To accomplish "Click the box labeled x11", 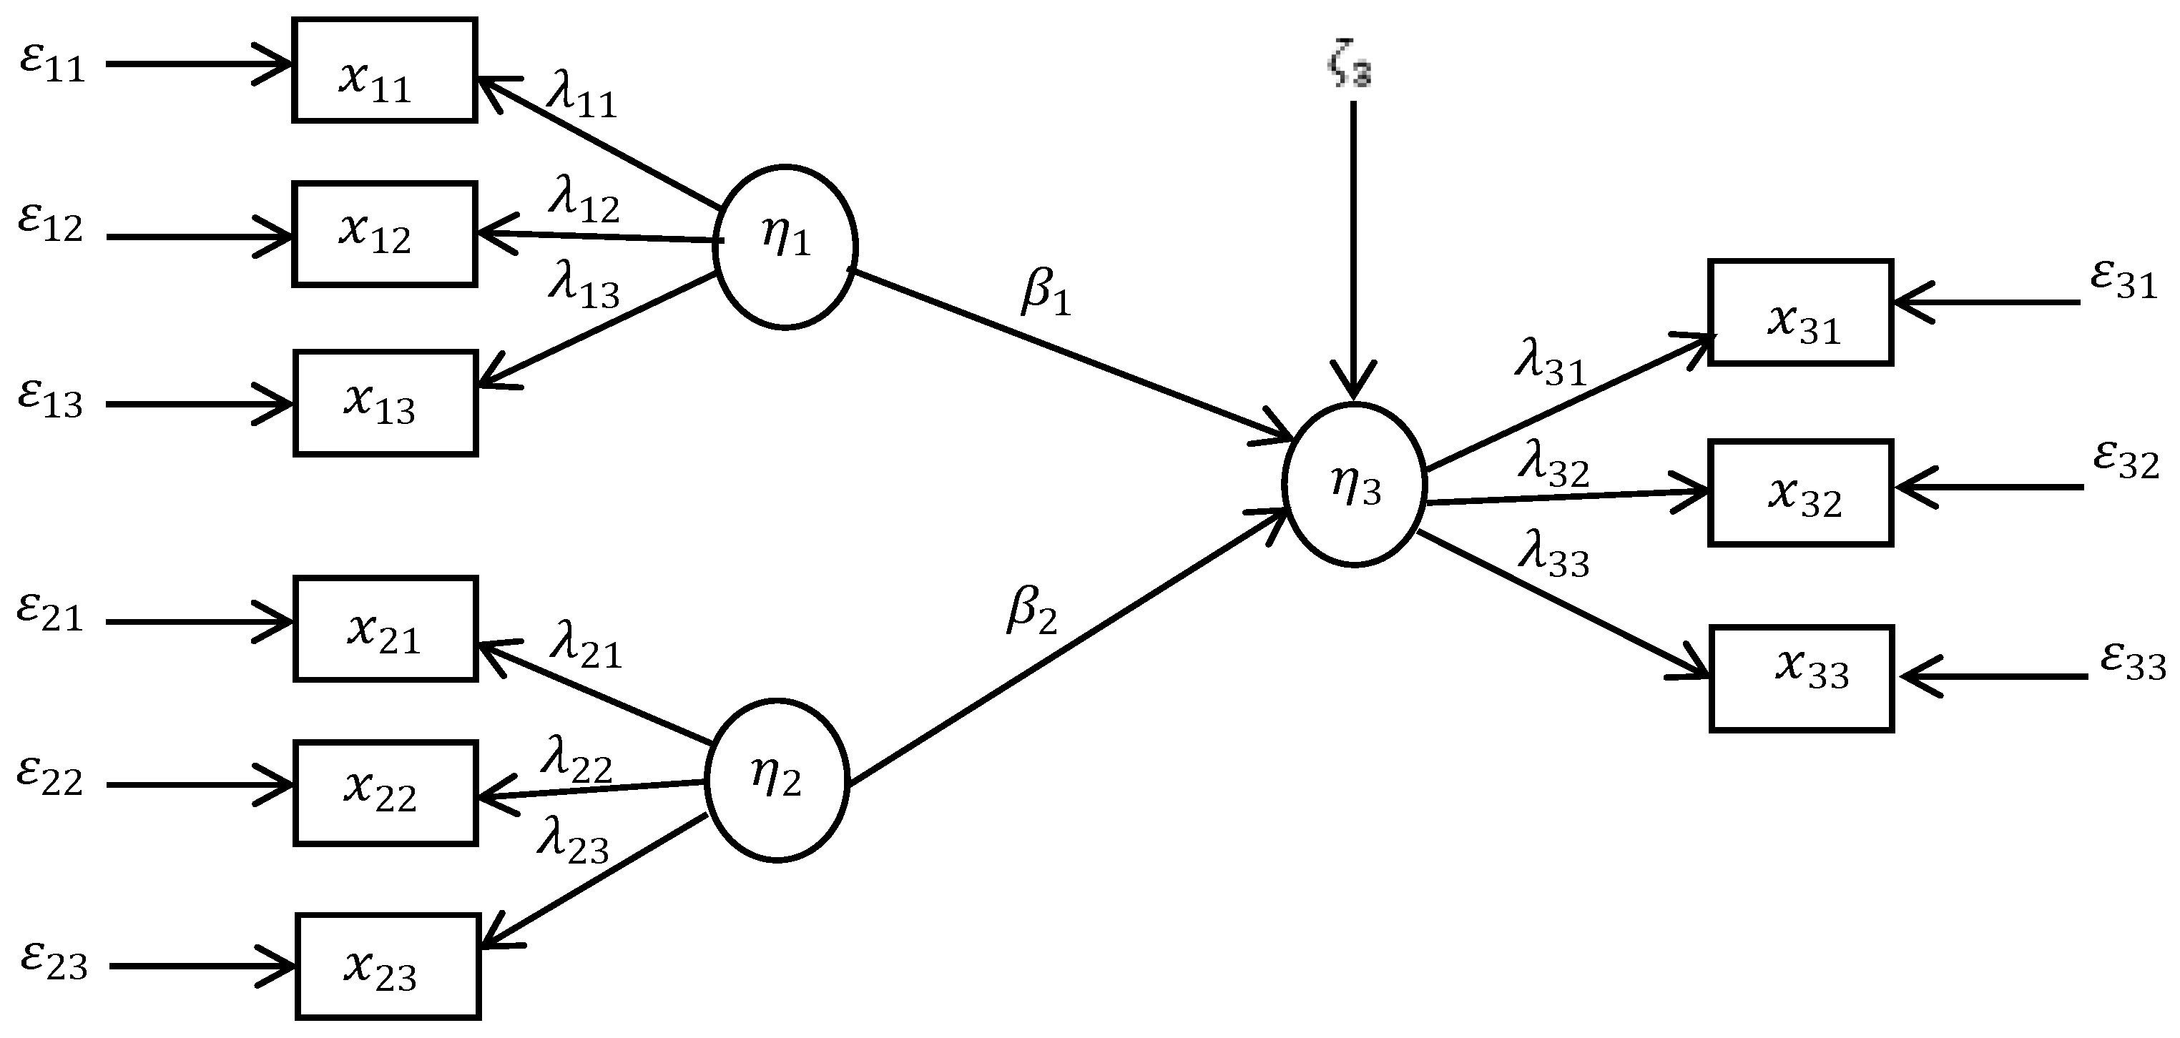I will [x=384, y=70].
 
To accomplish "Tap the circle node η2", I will [x=776, y=780].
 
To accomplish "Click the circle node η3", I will [x=1354, y=485].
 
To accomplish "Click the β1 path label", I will [x=1046, y=294].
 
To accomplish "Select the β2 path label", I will [x=1031, y=612].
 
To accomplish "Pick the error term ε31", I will [x=2123, y=280].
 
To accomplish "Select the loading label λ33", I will [x=1553, y=555].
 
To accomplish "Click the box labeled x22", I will [x=385, y=793].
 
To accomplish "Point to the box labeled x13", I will [x=385, y=403].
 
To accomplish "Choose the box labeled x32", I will [x=1800, y=493].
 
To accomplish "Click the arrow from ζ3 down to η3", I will [x=1352, y=254].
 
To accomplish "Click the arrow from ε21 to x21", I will [x=199, y=622].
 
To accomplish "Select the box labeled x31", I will [x=1800, y=312].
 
